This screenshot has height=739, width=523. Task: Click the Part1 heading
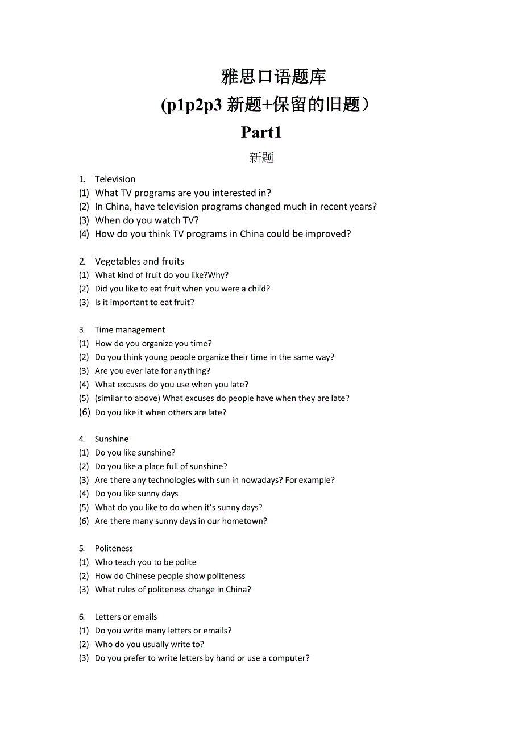[261, 132]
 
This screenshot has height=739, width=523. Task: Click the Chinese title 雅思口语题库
[273, 77]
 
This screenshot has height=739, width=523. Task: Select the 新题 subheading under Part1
[261, 158]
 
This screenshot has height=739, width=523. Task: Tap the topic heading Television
[115, 179]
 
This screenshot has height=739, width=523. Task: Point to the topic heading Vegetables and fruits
[139, 261]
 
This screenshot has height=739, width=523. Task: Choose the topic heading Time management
[130, 329]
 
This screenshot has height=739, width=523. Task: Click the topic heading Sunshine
[111, 439]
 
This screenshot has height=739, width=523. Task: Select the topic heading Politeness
[114, 548]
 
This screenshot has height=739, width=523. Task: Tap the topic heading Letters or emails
[126, 617]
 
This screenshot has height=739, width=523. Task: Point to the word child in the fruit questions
[257, 289]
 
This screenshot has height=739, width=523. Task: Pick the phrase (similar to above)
[127, 398]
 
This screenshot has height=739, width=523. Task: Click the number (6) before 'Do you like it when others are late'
[84, 412]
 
